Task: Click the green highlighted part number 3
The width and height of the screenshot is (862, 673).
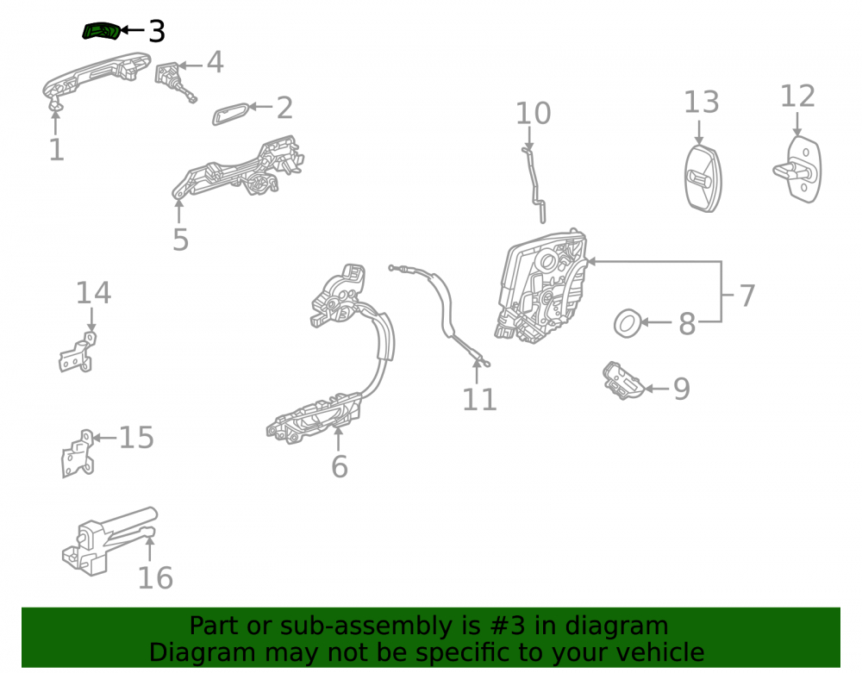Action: [101, 31]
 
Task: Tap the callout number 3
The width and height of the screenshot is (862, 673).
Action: [157, 31]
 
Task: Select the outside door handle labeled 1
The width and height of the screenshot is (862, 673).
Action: [97, 77]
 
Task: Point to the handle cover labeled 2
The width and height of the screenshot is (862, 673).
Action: [231, 113]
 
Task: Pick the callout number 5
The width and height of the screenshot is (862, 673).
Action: [180, 240]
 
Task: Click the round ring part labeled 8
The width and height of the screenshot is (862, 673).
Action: [628, 323]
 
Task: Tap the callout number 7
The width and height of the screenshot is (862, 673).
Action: [746, 296]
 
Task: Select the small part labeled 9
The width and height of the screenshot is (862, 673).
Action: [623, 381]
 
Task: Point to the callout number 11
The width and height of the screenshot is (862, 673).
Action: [479, 399]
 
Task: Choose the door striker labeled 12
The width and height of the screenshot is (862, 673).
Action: [798, 170]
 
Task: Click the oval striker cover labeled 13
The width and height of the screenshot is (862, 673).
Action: [703, 178]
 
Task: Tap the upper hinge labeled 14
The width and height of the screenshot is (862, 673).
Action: [78, 352]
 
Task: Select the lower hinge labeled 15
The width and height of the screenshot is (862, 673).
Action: [78, 454]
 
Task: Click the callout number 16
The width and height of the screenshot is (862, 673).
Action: [155, 578]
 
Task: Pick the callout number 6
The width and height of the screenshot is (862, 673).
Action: [339, 466]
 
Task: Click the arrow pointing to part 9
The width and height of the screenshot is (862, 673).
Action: [656, 389]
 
